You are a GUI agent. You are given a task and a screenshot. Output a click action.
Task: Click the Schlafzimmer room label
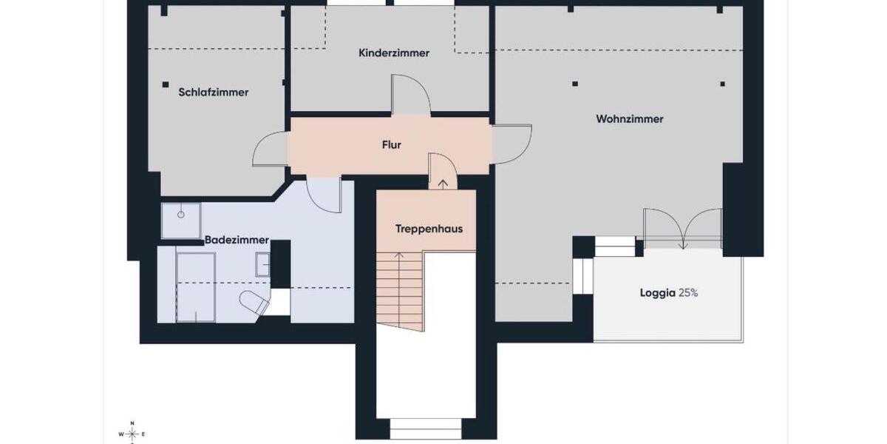pos(213,92)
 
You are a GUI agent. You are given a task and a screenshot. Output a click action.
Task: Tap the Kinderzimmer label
pos(394,53)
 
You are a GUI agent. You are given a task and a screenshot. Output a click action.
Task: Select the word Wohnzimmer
pos(630,118)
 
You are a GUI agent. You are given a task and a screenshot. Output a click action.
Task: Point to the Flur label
pos(391,145)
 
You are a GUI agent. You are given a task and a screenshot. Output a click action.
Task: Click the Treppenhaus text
pos(429,229)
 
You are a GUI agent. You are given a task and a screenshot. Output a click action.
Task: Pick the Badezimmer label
pos(237,240)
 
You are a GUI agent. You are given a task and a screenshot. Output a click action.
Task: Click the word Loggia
pos(657,293)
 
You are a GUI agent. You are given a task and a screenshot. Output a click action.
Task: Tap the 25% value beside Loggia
pos(688,293)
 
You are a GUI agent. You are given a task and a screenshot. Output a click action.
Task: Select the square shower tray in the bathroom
pos(181,221)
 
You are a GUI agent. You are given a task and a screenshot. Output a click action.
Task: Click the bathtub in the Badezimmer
pos(196,286)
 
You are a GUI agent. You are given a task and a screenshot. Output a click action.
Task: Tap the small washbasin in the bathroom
pos(263,264)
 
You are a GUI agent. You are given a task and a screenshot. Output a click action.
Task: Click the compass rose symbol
pos(132,433)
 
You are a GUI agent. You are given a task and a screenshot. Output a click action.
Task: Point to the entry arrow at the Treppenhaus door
pos(443,183)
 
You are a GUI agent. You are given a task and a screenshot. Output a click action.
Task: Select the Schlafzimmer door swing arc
pos(270,150)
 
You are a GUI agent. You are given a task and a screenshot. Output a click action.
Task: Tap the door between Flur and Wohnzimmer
pos(512,144)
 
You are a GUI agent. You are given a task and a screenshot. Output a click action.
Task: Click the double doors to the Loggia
pos(682,228)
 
